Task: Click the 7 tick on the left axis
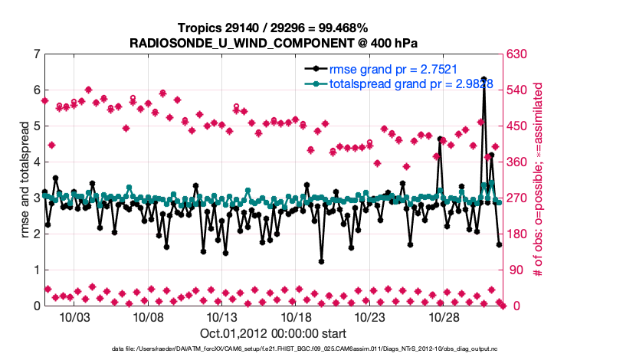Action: [x=37, y=54]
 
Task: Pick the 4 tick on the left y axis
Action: [x=37, y=162]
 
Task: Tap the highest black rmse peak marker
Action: [x=484, y=79]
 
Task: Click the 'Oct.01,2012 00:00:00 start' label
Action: [x=272, y=333]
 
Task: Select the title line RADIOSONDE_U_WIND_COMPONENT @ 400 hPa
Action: [x=274, y=42]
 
